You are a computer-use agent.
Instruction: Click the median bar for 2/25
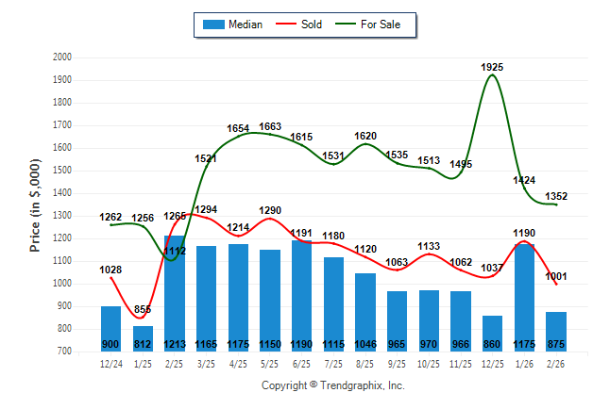(175, 293)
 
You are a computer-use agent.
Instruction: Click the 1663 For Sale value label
(270, 126)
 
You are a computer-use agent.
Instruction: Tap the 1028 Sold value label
(111, 270)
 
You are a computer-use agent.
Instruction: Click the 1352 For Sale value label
(556, 196)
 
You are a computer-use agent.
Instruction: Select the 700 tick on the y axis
(63, 352)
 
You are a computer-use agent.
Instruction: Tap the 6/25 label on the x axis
(302, 362)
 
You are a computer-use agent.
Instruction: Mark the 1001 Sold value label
(556, 276)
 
